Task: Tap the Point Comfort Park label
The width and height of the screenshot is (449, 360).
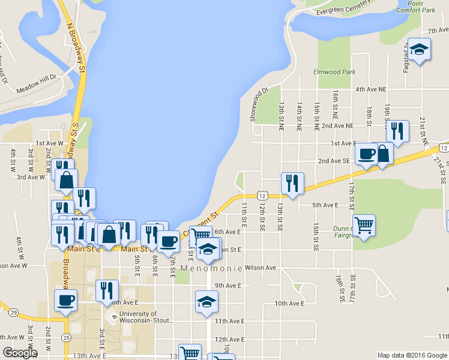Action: [x=419, y=7]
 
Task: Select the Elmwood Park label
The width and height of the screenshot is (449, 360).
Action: [x=334, y=72]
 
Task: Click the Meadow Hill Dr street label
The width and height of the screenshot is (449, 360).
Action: [x=37, y=77]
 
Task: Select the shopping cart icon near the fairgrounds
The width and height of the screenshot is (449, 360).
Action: [x=364, y=226]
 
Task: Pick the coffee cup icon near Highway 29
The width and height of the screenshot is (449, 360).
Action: [x=65, y=299]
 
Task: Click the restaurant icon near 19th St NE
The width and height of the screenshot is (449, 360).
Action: [x=397, y=130]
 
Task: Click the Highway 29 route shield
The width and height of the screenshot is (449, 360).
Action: [x=13, y=312]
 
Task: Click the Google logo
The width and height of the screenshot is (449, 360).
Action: [x=20, y=353]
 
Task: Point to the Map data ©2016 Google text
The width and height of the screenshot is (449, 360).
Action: [x=412, y=355]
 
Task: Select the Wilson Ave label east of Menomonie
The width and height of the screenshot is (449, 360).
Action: [x=260, y=268]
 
